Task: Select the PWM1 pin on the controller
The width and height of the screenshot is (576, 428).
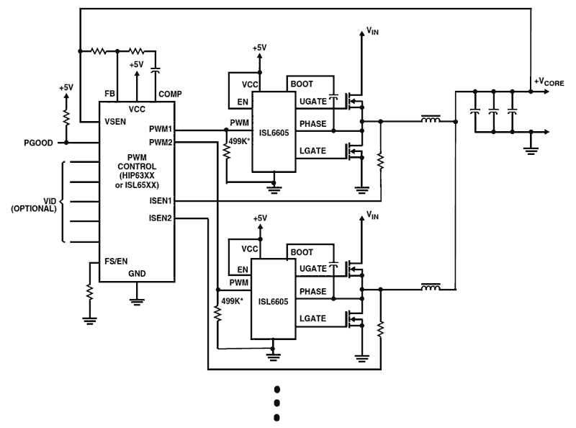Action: (161, 130)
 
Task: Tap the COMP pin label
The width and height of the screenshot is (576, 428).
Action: (170, 94)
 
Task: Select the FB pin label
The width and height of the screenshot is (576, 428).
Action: (109, 94)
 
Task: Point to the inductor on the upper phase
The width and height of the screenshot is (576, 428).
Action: (432, 121)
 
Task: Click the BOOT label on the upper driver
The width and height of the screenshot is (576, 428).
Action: (302, 84)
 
